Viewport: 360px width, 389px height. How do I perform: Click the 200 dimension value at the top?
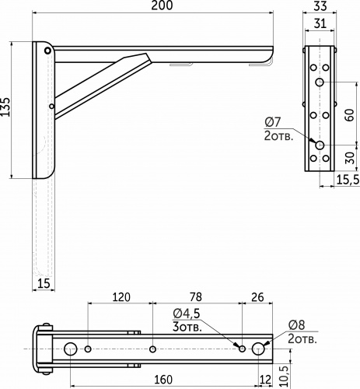point(162,5)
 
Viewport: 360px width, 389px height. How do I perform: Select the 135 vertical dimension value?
point(5,107)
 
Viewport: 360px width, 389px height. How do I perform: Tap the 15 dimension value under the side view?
point(44,283)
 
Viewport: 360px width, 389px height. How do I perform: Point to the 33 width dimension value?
point(320,6)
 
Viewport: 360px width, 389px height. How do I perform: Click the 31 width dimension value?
point(320,23)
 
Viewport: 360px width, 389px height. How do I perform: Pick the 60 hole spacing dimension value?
point(350,115)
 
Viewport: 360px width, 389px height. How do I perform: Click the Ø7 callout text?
point(273,122)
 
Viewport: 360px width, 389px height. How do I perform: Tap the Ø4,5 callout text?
point(187,314)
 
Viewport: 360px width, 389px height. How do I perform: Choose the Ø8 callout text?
point(296,325)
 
